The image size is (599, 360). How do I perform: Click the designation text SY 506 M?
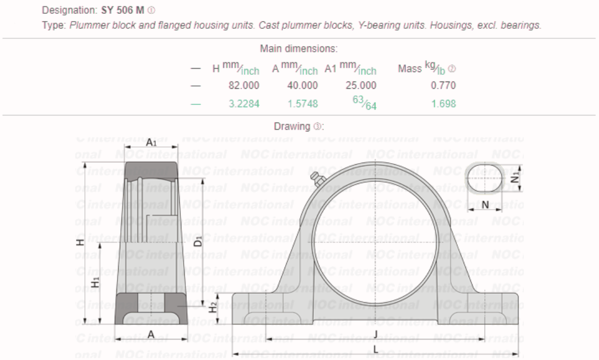point(123,11)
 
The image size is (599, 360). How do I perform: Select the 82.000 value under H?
point(243,85)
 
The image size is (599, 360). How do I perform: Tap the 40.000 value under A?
point(302,85)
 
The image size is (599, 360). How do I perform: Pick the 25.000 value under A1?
point(361,85)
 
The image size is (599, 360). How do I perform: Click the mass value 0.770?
point(443,85)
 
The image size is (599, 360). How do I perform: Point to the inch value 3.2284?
point(243,104)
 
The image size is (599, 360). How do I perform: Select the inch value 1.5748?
point(302,104)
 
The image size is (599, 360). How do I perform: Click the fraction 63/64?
point(364,103)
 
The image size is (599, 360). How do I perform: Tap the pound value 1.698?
point(443,104)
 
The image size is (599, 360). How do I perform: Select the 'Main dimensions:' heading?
point(298,49)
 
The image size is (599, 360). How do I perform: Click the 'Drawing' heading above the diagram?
point(293,126)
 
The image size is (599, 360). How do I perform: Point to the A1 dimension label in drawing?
point(151,143)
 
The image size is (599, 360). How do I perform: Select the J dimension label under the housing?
point(375,333)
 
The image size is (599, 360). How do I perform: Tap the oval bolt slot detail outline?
point(485,178)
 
